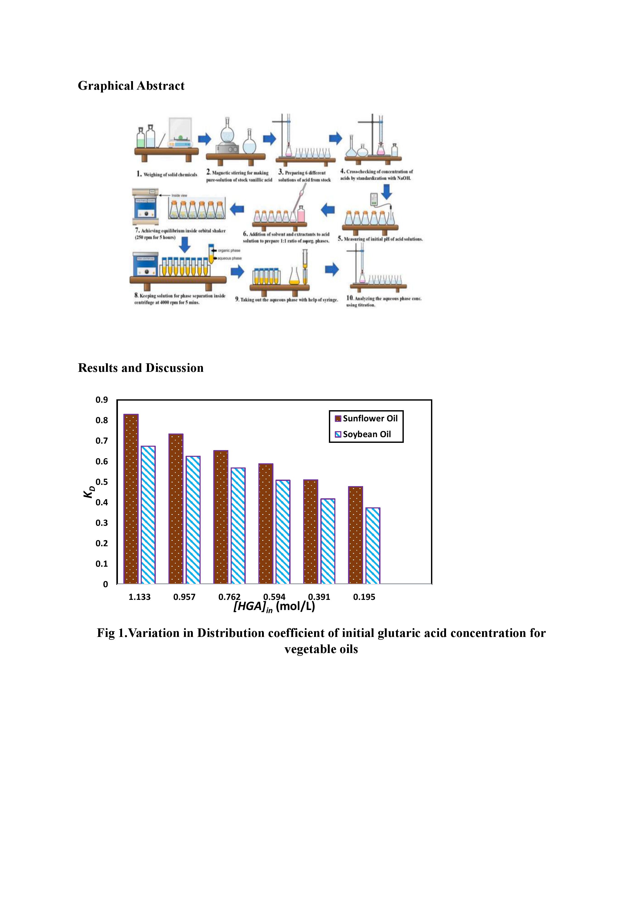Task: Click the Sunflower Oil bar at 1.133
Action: [131, 499]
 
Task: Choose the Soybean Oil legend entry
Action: [363, 434]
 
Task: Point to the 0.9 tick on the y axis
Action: [102, 400]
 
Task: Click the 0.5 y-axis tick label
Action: [102, 482]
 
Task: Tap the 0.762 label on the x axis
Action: [229, 597]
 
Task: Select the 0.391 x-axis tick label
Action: [319, 597]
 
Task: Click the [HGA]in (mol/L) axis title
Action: [274, 607]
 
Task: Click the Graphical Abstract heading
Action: [131, 86]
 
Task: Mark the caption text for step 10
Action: [384, 301]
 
